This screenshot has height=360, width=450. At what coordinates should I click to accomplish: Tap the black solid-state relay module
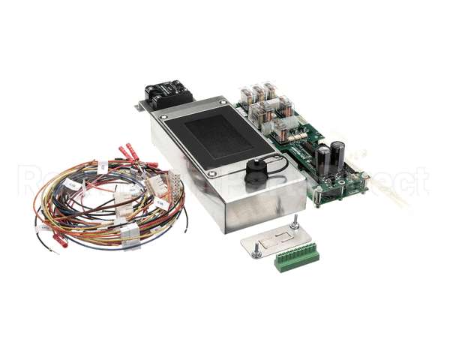169,95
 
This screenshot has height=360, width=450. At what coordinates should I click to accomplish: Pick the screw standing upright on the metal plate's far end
295,221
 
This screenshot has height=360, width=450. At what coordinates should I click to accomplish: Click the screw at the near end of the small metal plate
257,252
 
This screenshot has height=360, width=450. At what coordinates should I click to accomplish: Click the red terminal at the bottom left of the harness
59,241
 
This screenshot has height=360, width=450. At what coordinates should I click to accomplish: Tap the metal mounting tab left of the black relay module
139,106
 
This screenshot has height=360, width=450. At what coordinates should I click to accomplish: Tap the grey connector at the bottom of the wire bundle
130,232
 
